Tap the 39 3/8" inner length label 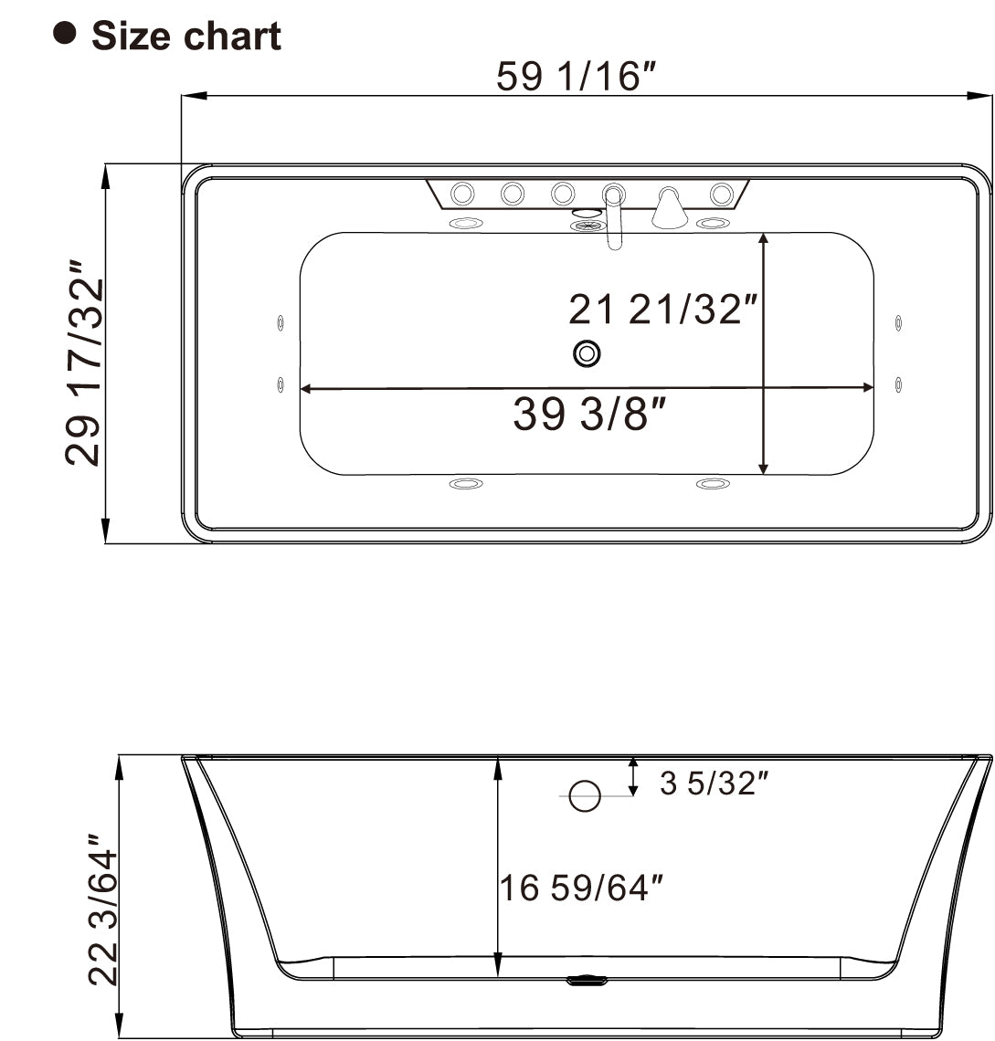586,415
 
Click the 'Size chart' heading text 186,37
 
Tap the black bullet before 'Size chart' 65,33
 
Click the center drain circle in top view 587,353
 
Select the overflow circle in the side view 585,796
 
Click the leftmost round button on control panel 463,194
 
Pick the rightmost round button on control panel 721,194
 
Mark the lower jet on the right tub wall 899,384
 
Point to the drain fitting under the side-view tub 586,982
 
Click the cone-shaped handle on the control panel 670,210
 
